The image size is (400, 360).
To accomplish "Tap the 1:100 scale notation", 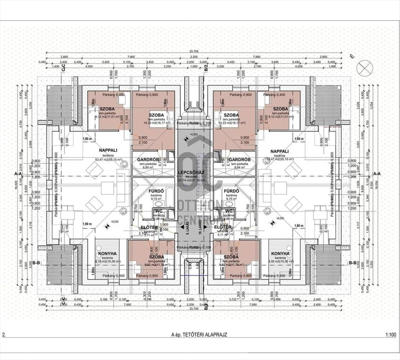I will (x=390, y=334).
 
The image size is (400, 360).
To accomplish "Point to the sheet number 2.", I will (x=4, y=334).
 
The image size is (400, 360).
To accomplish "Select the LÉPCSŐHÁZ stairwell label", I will (x=191, y=172).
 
